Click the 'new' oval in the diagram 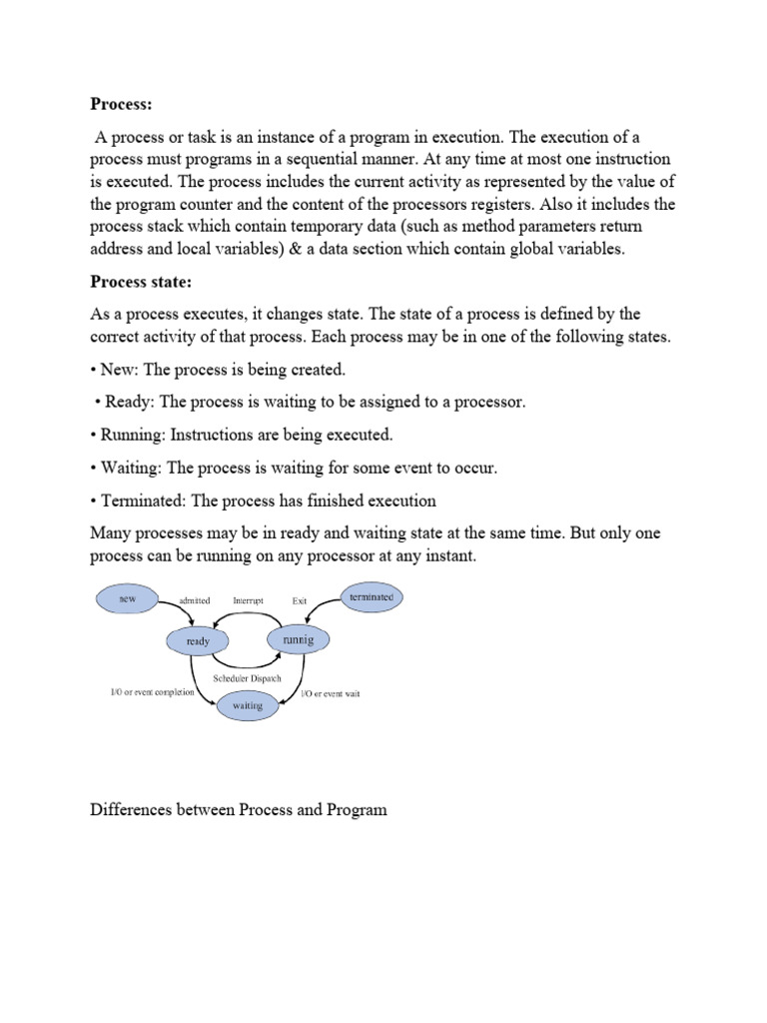(127, 598)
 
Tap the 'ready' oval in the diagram (199, 641)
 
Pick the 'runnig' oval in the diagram (298, 639)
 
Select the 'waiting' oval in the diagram (247, 705)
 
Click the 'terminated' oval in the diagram (371, 597)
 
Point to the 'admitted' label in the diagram (194, 601)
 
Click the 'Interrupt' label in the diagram (249, 601)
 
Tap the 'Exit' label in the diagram (300, 601)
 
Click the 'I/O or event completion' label (152, 692)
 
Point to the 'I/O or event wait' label (331, 693)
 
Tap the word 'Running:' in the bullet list (133, 435)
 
